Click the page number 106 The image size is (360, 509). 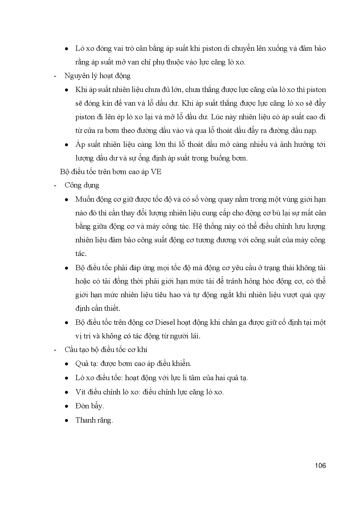pyautogui.click(x=320, y=466)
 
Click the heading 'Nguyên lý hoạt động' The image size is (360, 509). pyautogui.click(x=97, y=76)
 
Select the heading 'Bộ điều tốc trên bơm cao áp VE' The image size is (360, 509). pyautogui.click(x=110, y=172)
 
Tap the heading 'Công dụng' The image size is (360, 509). pyautogui.click(x=82, y=185)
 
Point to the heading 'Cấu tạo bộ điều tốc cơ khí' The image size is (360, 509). pyautogui.click(x=106, y=350)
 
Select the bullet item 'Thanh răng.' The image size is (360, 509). pyautogui.click(x=94, y=420)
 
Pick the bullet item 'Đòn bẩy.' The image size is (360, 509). pyautogui.click(x=89, y=406)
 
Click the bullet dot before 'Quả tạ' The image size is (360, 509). pyautogui.click(x=67, y=364)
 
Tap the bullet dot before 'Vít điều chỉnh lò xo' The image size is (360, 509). pyautogui.click(x=67, y=392)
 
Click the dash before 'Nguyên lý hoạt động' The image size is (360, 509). pyautogui.click(x=55, y=76)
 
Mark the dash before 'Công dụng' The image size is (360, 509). pyautogui.click(x=55, y=186)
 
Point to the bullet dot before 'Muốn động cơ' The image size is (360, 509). pyautogui.click(x=67, y=200)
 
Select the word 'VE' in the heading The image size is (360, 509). pyautogui.click(x=156, y=172)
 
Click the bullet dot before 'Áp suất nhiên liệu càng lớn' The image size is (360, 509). pyautogui.click(x=67, y=145)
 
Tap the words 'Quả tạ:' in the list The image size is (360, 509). pyautogui.click(x=84, y=364)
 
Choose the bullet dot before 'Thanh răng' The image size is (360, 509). pyautogui.click(x=67, y=420)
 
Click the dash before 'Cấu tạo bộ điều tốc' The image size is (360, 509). pyautogui.click(x=55, y=350)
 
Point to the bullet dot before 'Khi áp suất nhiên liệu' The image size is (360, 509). pyautogui.click(x=67, y=90)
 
